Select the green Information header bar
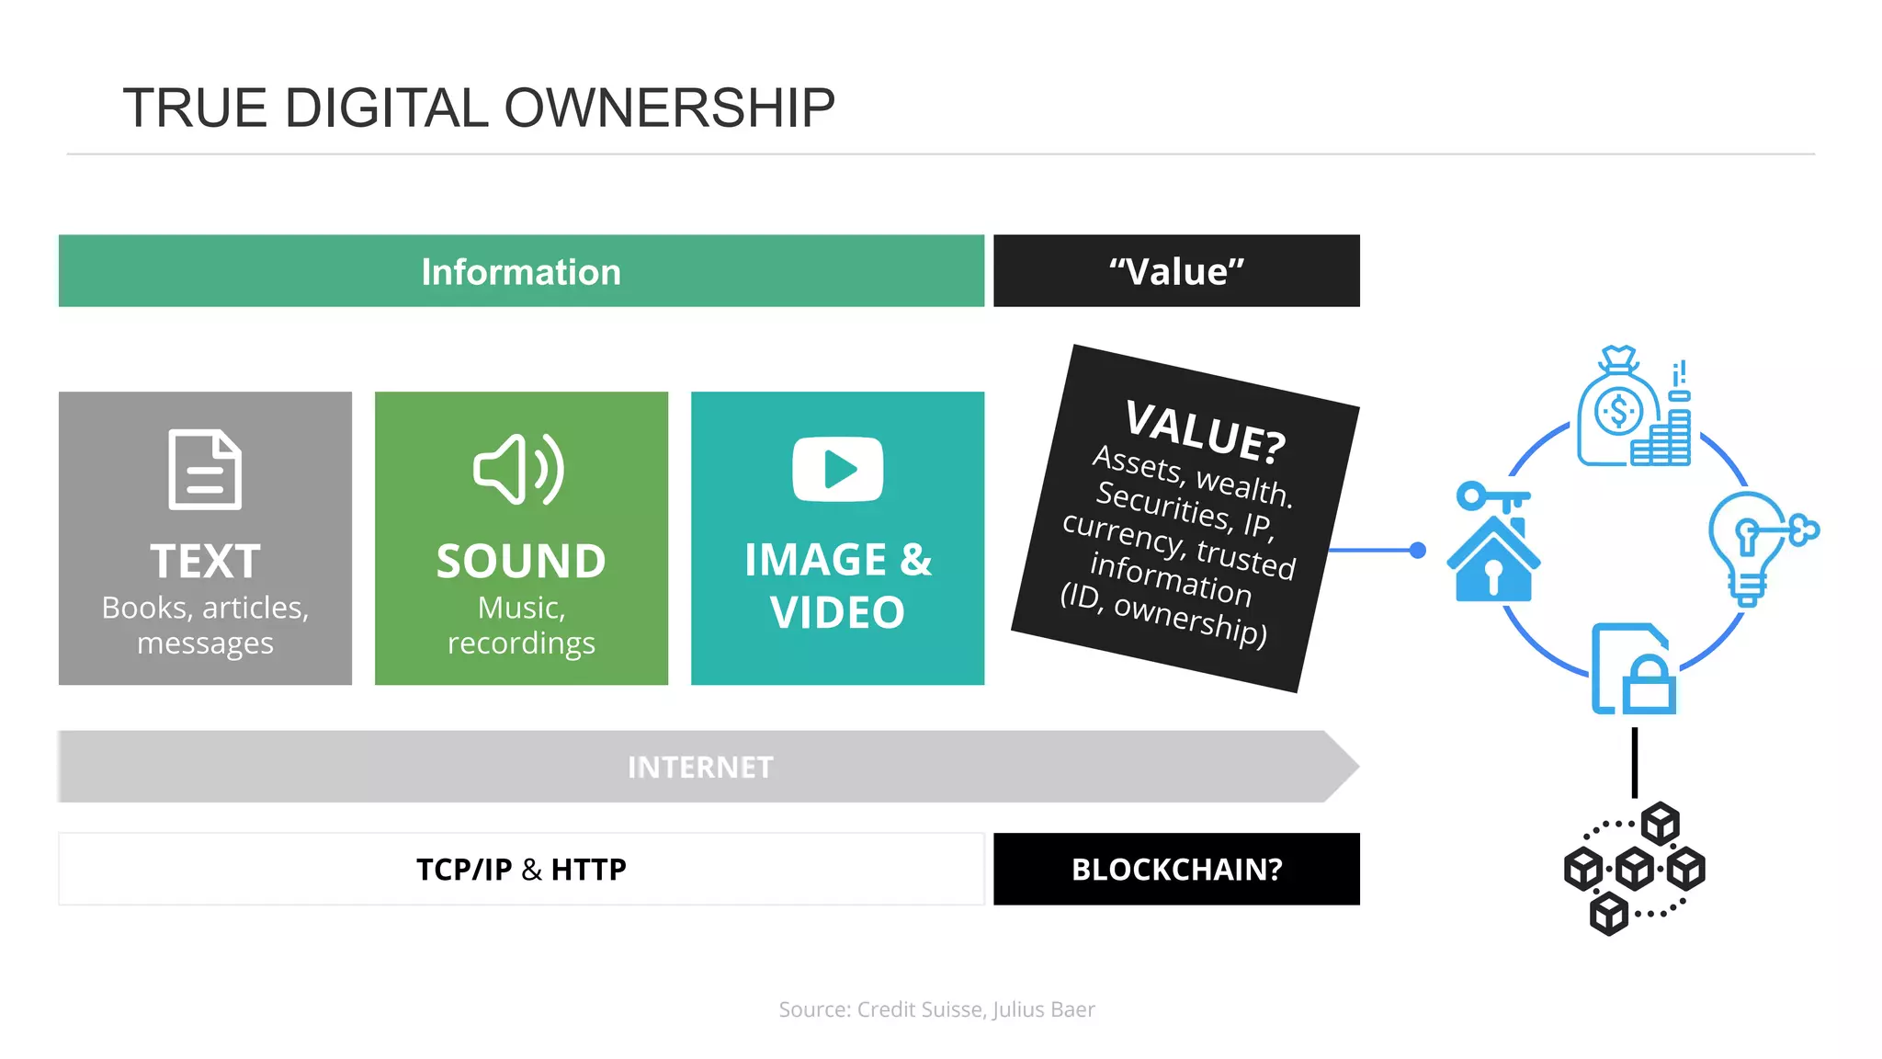[x=521, y=271]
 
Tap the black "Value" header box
[x=1176, y=271]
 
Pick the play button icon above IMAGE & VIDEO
[x=837, y=469]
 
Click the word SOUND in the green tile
[x=521, y=561]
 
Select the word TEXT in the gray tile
[x=205, y=561]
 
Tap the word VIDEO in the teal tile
[x=837, y=612]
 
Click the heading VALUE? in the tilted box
[x=1205, y=430]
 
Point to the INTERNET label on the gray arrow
[x=700, y=768]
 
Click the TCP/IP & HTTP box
[x=521, y=869]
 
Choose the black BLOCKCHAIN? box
[x=1176, y=869]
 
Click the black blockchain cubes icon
[x=1634, y=868]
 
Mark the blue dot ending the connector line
[x=1418, y=551]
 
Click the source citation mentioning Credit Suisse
[x=936, y=1009]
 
